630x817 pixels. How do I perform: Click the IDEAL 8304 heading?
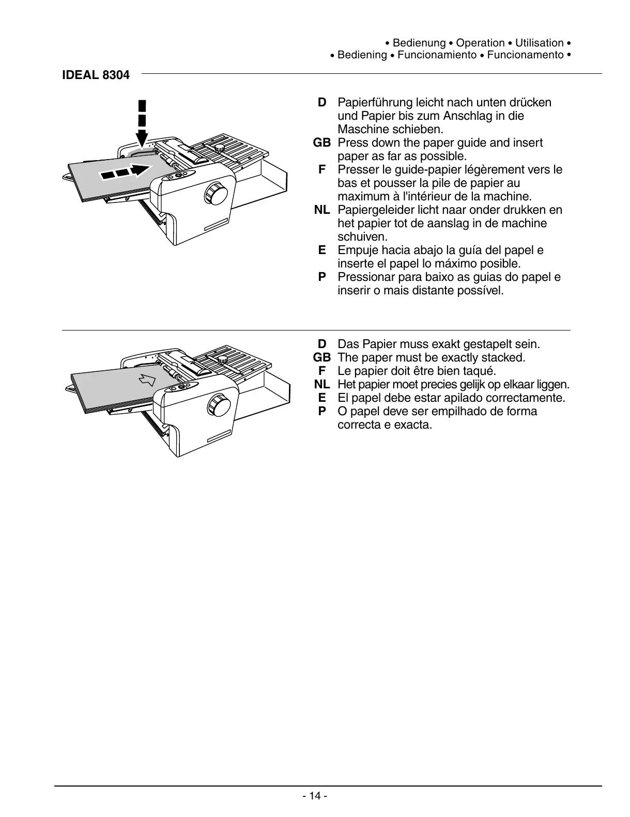[x=96, y=75]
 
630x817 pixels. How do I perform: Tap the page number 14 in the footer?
[x=315, y=796]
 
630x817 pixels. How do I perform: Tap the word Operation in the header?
[x=480, y=43]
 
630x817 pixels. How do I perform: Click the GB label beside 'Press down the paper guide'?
[x=321, y=143]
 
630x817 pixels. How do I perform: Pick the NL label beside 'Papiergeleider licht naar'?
[x=322, y=210]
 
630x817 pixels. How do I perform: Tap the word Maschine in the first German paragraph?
[x=361, y=129]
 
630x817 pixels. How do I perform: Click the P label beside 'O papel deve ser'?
[x=322, y=411]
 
